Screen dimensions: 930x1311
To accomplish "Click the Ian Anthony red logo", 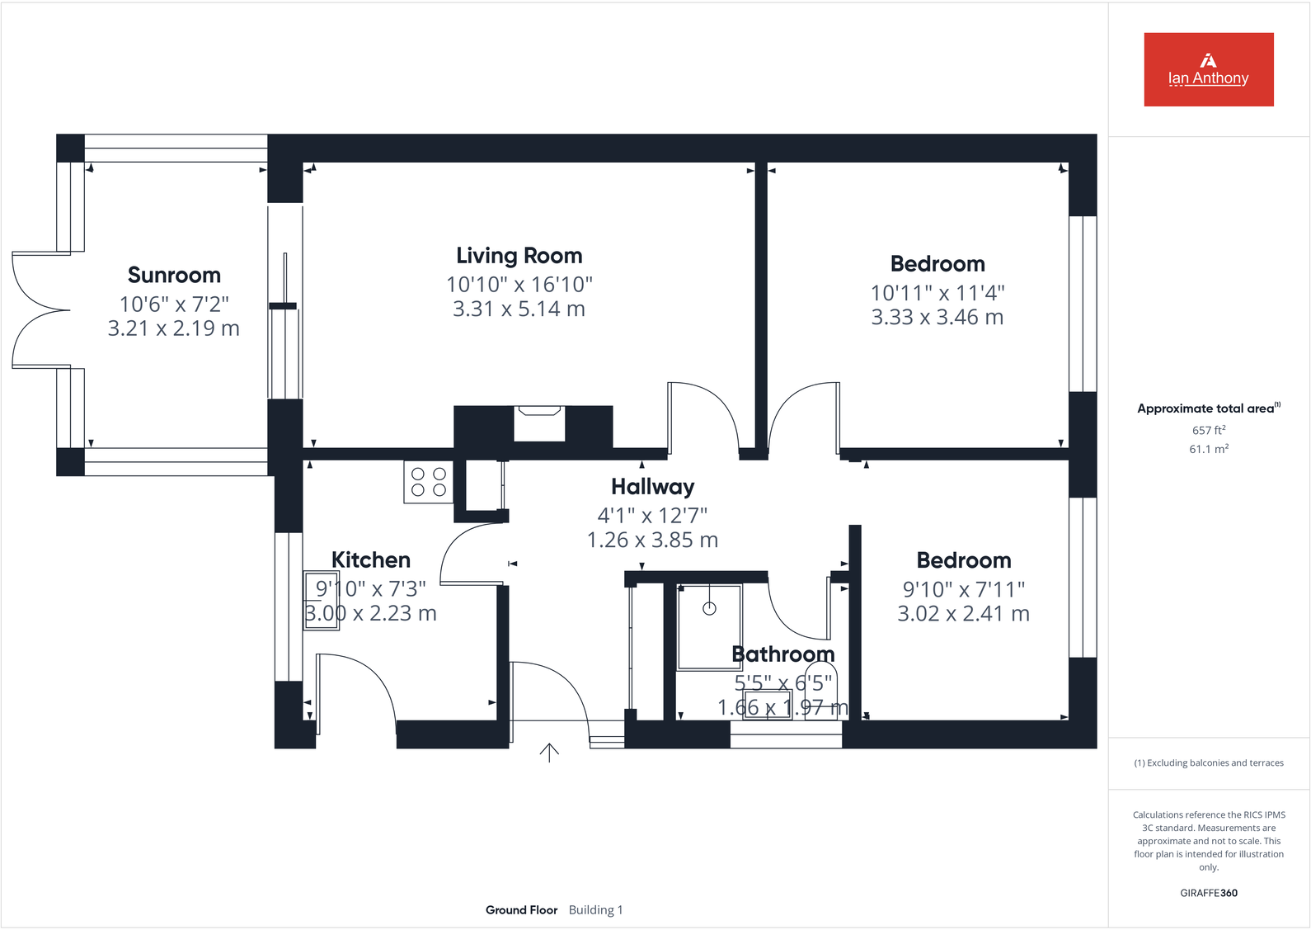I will pos(1208,69).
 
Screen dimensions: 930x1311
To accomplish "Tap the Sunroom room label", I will pos(174,275).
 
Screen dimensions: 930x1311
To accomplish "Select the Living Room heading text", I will pos(519,256).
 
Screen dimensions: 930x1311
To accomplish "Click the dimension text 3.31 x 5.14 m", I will pos(519,309).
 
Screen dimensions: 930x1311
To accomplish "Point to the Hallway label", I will pos(652,487).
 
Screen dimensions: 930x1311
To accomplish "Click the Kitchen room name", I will pos(370,560).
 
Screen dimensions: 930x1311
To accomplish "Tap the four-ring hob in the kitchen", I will pos(428,482).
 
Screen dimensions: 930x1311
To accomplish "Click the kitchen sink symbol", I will pos(322,601).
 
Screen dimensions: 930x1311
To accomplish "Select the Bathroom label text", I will pos(782,654).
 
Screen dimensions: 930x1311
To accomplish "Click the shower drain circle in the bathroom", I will pos(709,609).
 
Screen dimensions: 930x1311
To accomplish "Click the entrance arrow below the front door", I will pos(549,752).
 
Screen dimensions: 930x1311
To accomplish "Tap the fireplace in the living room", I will pos(539,423).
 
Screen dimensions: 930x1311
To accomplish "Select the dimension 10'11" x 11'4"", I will pos(937,293).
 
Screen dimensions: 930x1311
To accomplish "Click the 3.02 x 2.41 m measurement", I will pos(963,614).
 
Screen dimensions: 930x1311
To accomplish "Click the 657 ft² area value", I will pos(1208,430).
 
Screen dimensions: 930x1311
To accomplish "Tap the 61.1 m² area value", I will pos(1208,449).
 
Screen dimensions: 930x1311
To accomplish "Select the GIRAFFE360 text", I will pos(1208,893).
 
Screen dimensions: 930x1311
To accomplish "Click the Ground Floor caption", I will pos(521,910).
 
